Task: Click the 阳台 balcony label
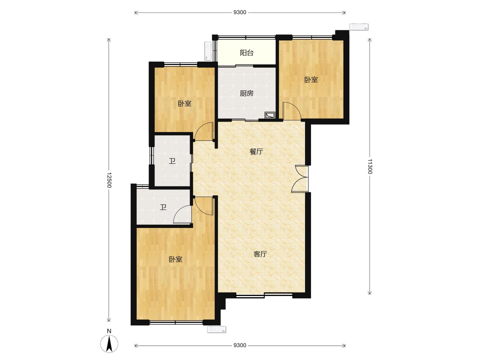coord(246,53)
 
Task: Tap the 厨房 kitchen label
coord(246,93)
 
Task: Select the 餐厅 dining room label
coord(256,151)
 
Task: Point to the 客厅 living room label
coord(260,254)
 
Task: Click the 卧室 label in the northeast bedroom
coord(311,80)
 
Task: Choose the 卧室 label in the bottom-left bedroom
coord(175,259)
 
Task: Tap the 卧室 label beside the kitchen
coord(184,103)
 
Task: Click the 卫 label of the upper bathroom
coord(172,161)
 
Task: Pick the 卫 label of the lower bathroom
coord(163,207)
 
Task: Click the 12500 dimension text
coord(109,180)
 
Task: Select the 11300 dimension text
coord(369,166)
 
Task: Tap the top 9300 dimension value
coord(240,12)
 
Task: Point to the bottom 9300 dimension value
coord(240,345)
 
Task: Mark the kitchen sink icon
coord(270,115)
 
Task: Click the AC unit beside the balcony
coord(208,51)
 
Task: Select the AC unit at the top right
coord(359,27)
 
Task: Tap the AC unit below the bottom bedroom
coord(216,329)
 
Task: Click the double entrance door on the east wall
coord(300,179)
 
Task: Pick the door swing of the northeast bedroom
coord(292,111)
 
